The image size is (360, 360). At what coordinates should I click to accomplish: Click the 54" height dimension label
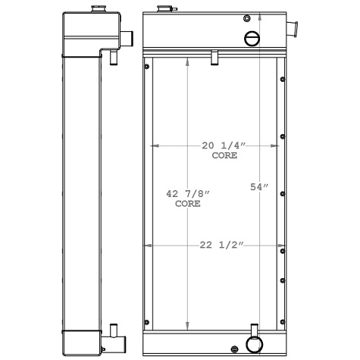(260, 186)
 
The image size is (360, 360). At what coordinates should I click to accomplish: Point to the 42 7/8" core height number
(187, 195)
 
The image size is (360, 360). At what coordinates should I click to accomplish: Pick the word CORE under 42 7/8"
(188, 205)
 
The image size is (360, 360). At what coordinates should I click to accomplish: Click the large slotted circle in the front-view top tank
(252, 39)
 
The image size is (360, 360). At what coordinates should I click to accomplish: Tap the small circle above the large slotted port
(247, 18)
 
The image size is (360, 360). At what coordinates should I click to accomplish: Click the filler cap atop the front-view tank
(163, 10)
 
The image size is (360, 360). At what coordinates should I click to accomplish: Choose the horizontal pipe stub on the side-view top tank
(127, 36)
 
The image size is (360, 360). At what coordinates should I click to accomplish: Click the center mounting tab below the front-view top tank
(215, 57)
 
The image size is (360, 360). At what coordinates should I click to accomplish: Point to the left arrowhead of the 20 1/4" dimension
(155, 145)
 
